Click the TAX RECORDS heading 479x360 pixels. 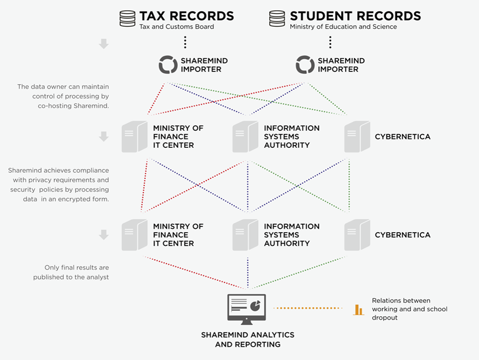pos(187,16)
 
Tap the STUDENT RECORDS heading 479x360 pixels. pos(355,16)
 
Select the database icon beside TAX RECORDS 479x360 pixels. pos(127,18)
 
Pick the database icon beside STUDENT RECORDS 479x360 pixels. pos(277,18)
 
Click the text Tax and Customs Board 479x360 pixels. pos(176,27)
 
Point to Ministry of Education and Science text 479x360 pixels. pos(343,27)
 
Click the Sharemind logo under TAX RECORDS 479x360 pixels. pos(168,65)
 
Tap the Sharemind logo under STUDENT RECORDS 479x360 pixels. pos(305,65)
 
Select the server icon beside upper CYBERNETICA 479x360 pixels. pos(357,137)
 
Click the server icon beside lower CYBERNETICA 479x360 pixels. pos(357,235)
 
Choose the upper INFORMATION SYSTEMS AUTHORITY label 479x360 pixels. pos(291,136)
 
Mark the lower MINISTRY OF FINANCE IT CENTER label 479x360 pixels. pos(178,235)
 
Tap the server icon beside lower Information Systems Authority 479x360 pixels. pos(245,235)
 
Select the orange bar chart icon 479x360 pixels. pos(359,310)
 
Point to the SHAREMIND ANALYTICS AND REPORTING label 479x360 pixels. pos(248,340)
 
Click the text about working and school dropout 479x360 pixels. pos(409,309)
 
